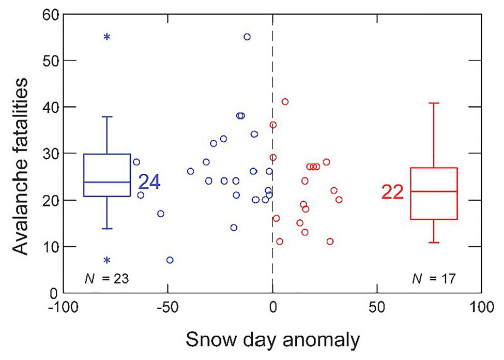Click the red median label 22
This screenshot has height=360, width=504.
pyautogui.click(x=393, y=192)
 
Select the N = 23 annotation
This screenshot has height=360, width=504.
pyautogui.click(x=106, y=279)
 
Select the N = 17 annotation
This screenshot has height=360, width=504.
pyautogui.click(x=433, y=279)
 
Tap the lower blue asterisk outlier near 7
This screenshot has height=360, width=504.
pyautogui.click(x=107, y=261)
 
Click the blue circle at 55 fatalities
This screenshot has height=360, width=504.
pyautogui.click(x=247, y=37)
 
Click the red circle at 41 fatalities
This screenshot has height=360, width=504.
pyautogui.click(x=285, y=101)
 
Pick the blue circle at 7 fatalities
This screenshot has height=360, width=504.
pyautogui.click(x=170, y=260)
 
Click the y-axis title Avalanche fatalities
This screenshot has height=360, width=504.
pyautogui.click(x=21, y=154)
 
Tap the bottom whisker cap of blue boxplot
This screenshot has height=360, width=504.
pyautogui.click(x=107, y=229)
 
